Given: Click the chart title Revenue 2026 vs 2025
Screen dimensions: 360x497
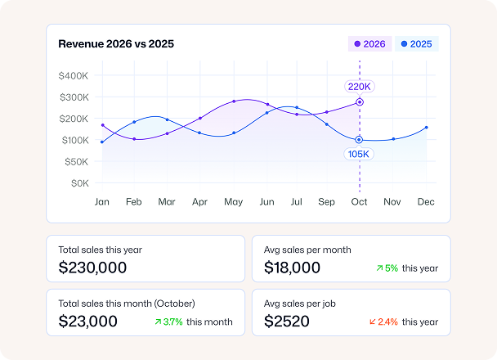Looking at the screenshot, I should (116, 44).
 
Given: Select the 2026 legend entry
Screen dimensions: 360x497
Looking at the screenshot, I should (369, 44).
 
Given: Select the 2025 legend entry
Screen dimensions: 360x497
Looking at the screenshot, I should (416, 44).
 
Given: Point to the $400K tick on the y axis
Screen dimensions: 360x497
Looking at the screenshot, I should (74, 76).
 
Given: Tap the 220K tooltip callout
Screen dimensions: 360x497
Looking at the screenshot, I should (359, 86).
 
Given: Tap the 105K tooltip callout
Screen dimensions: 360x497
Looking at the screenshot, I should (359, 154).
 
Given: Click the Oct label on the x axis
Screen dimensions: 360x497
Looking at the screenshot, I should (359, 202).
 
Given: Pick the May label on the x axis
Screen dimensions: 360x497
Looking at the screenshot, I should (233, 202).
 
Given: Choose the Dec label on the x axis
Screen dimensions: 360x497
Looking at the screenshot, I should (425, 202).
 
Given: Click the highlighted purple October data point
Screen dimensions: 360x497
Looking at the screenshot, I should (359, 102).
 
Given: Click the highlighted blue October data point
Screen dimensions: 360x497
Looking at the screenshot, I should (359, 140).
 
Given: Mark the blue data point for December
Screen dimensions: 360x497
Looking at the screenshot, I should (426, 128).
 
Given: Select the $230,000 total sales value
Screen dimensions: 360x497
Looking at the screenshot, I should (92, 268).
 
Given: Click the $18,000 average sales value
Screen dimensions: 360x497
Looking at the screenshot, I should (293, 268).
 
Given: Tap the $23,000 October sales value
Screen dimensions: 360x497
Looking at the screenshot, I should (88, 322).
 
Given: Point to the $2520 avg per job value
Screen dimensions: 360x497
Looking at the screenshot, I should (287, 322).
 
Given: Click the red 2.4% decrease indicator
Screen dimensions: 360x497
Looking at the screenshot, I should (384, 322).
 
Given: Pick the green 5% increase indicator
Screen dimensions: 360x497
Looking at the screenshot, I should (387, 268).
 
